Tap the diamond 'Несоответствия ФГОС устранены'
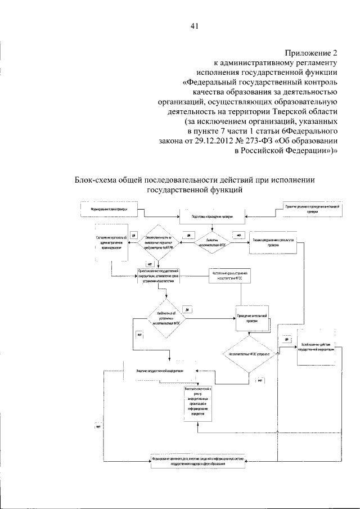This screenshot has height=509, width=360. (x=248, y=356)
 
